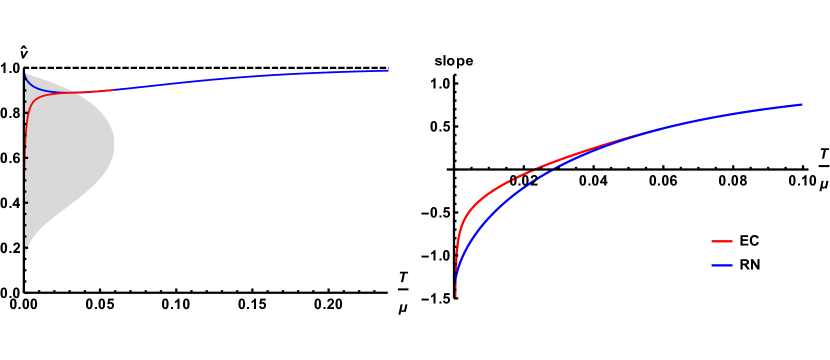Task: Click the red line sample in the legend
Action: [x=722, y=241]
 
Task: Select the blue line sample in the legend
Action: [x=722, y=265]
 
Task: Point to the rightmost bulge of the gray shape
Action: [x=114, y=146]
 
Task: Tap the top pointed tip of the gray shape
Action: [x=26, y=73]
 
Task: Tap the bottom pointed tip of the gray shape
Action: [x=26, y=262]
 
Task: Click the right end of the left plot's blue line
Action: [x=388, y=70]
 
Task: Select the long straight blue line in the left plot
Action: [x=250, y=79]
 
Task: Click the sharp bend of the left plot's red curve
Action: [x=31, y=100]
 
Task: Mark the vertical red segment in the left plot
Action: [x=26, y=120]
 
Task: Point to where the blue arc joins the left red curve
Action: [x=75, y=93]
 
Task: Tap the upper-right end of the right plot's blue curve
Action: [x=802, y=104]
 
